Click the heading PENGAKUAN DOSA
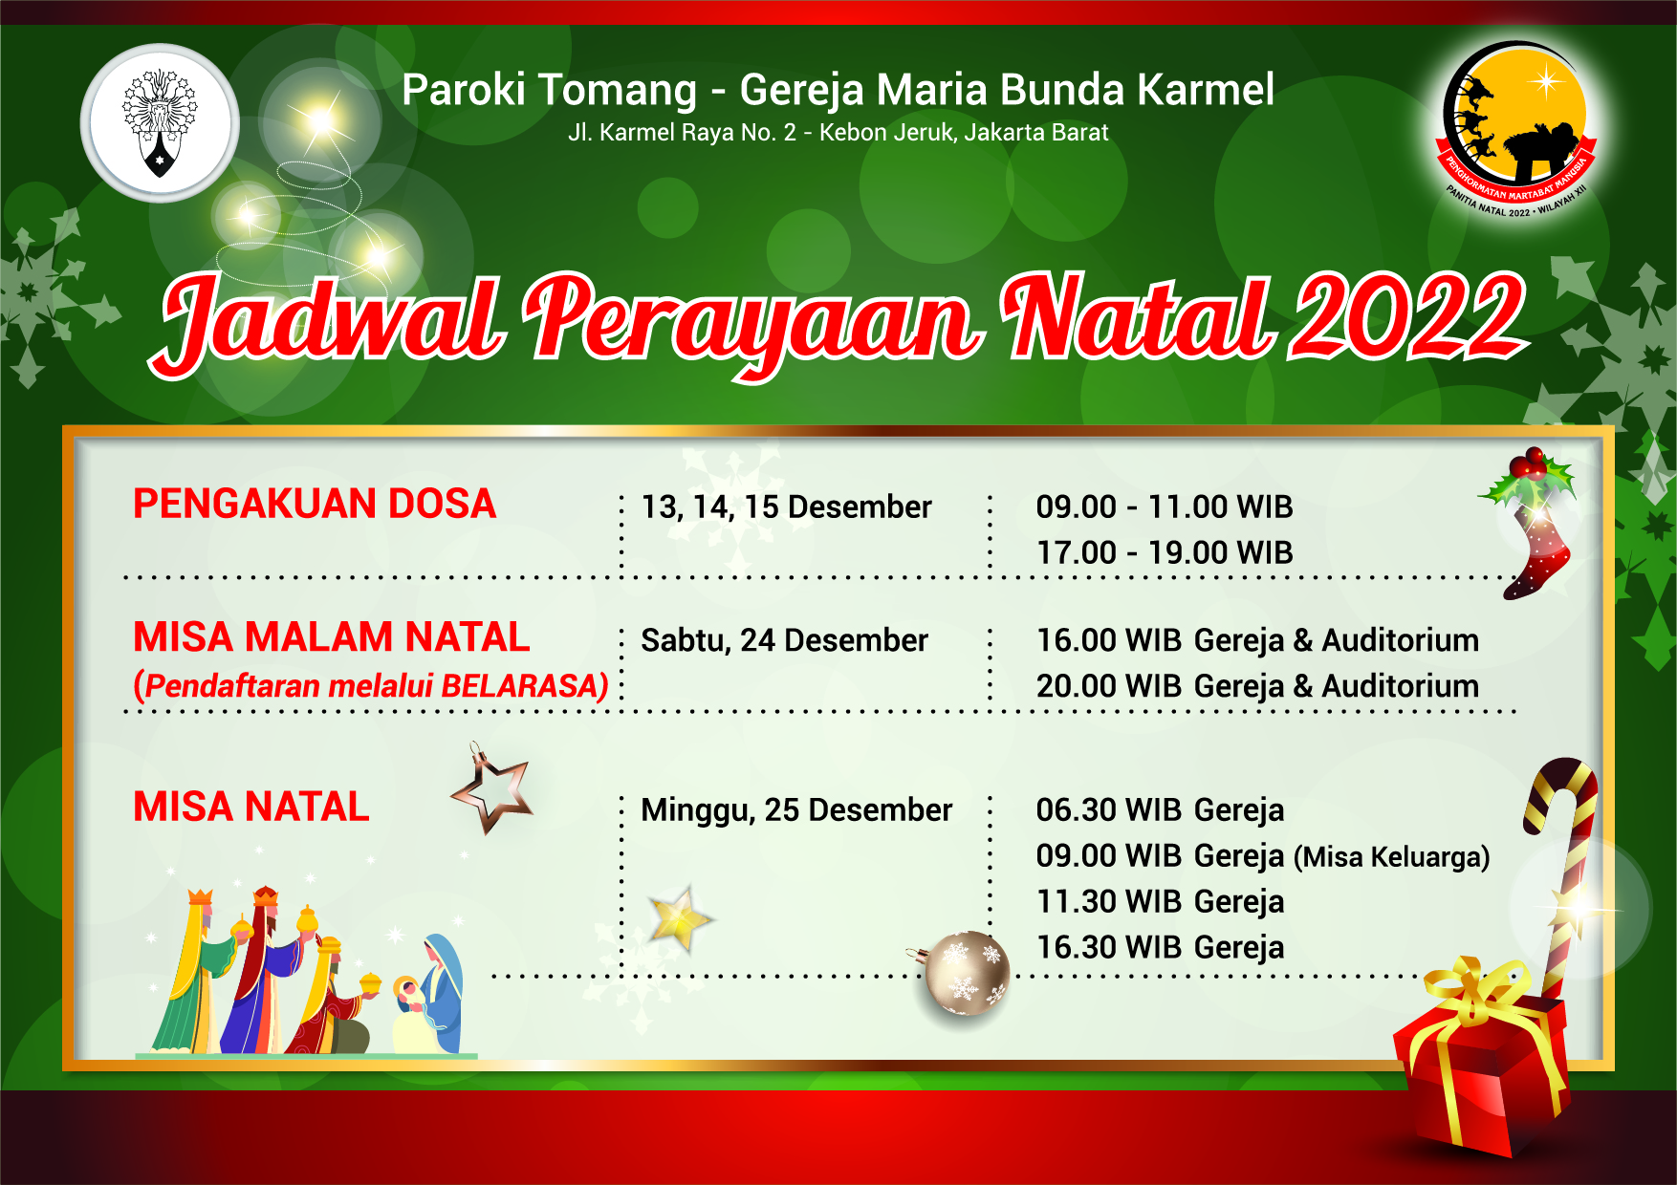[315, 504]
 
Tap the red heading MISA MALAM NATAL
[331, 636]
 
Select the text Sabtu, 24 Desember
[784, 640]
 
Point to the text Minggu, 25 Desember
[796, 810]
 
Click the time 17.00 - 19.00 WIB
[1165, 552]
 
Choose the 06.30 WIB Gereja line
[1160, 810]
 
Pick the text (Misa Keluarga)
[1392, 857]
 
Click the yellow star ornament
[680, 919]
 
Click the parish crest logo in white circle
[160, 123]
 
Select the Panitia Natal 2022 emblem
[1517, 129]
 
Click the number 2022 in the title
[1406, 317]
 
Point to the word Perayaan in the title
[753, 323]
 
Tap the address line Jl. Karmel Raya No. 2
[683, 132]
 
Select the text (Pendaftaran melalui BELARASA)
[371, 686]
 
